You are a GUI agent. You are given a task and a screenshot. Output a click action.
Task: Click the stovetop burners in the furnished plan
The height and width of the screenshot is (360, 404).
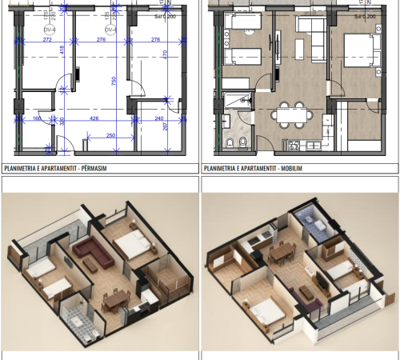click(294, 145)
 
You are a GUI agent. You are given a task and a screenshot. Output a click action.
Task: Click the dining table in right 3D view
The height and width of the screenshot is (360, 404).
click(282, 255)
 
